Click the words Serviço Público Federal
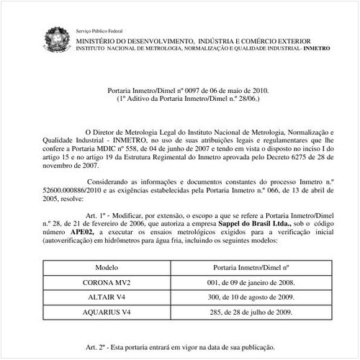(x=99, y=32)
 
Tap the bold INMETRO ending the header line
(x=316, y=48)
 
